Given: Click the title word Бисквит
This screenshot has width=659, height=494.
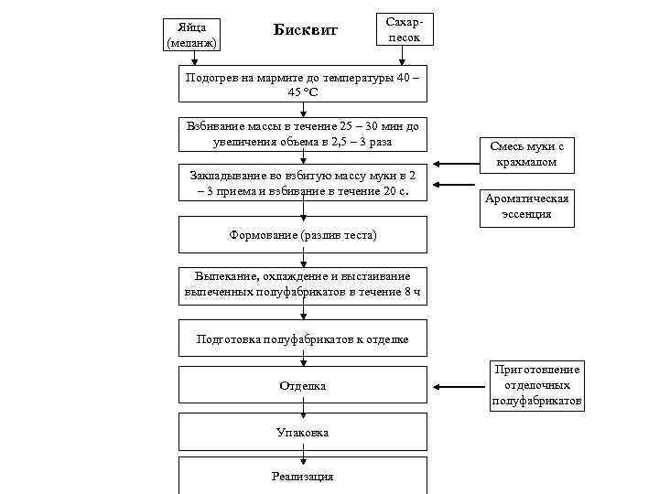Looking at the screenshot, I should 306,30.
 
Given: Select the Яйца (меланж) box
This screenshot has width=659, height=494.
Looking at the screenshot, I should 194,34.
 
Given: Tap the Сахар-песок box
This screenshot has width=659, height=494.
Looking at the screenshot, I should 404,29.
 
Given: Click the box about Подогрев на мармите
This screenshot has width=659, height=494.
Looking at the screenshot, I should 303,84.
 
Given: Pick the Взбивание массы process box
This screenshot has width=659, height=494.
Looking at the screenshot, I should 303,134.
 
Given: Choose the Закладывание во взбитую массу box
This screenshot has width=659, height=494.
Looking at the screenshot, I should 303,183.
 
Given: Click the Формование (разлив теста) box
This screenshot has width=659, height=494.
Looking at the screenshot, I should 303,235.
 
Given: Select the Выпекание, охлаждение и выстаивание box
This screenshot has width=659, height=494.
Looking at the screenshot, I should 303,285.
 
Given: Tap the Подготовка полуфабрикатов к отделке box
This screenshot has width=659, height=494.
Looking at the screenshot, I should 303,339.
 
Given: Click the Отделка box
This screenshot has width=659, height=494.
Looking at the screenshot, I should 303,386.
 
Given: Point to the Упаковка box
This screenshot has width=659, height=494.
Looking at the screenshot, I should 303,432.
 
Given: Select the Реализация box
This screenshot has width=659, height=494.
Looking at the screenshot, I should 303,476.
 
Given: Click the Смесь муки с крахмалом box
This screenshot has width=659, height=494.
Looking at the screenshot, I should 527,154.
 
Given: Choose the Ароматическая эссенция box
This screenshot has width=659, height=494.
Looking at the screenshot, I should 527,207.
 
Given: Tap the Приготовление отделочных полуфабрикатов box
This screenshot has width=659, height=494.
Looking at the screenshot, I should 537,385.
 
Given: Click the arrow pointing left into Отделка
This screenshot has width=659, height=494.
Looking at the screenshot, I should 459,387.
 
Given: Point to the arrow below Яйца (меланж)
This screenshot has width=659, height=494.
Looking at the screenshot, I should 194,58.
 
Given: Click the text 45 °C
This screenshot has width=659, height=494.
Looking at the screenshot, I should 303,92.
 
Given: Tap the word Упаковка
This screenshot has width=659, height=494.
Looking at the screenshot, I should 303,432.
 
